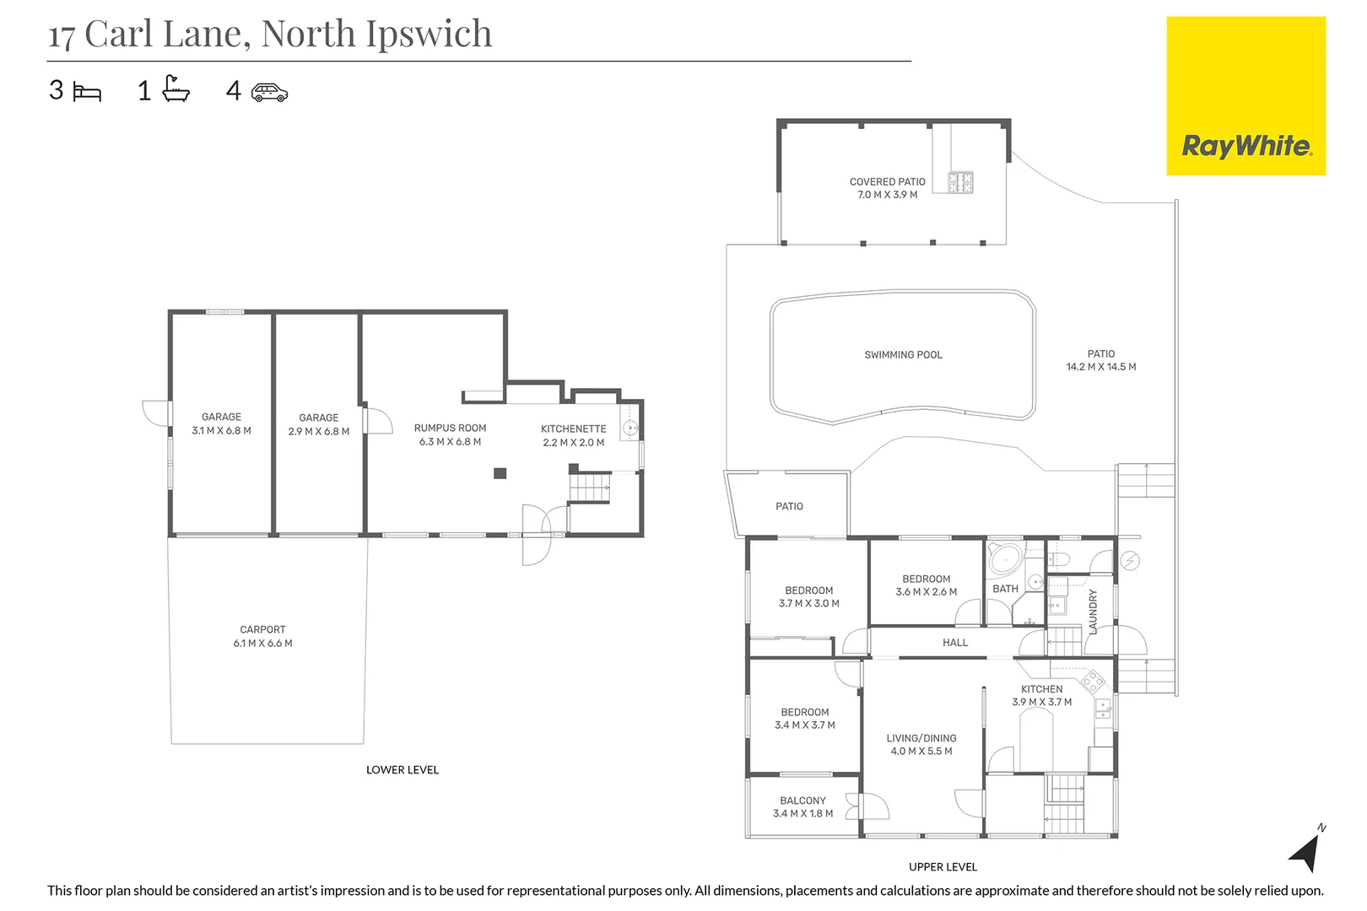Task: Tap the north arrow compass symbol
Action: (x=1306, y=852)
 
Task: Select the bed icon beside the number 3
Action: (x=87, y=91)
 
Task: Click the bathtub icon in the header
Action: (x=176, y=89)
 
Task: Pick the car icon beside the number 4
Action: (x=269, y=92)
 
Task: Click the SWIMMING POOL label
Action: (x=903, y=355)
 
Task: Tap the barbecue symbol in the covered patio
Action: (x=960, y=182)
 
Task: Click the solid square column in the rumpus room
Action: (x=500, y=473)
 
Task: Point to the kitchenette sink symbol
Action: (x=629, y=429)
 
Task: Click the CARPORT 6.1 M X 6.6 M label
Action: (x=262, y=636)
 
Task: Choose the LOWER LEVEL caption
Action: (x=402, y=770)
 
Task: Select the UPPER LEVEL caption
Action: (x=943, y=867)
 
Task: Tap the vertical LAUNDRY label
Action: (x=1093, y=612)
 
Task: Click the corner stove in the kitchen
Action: (x=1093, y=680)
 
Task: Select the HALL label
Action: (x=955, y=643)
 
